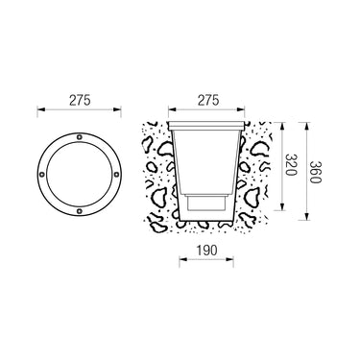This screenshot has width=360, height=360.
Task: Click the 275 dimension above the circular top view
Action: click(80, 100)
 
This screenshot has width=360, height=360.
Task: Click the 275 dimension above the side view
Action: click(208, 100)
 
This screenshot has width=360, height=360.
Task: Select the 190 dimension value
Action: click(206, 250)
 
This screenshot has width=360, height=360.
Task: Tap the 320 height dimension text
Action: click(291, 165)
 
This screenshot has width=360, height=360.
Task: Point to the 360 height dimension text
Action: click(315, 172)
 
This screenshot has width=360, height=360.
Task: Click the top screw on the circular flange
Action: click(80, 137)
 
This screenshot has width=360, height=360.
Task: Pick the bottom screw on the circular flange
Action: click(80, 211)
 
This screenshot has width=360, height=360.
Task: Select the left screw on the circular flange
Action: click(42, 175)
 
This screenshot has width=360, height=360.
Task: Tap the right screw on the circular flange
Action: click(116, 175)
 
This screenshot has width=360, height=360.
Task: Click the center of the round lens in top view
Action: click(80, 175)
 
